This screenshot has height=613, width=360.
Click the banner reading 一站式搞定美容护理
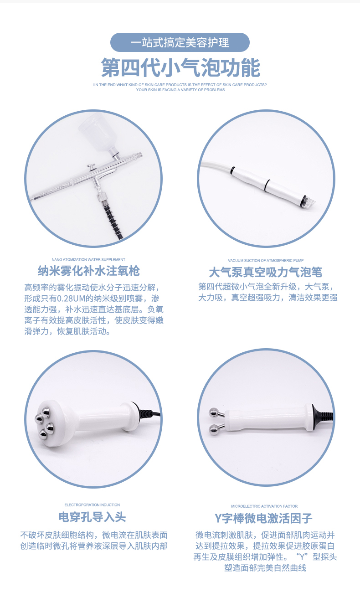click(180, 43)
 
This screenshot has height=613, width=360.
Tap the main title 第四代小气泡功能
click(180, 67)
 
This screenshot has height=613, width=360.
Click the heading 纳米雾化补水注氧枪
click(88, 271)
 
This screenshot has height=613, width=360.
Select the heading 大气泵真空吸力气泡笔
click(266, 273)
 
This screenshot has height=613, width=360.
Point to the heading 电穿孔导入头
click(92, 517)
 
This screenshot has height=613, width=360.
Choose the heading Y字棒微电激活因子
click(264, 518)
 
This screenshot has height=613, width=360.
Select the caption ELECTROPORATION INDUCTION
click(92, 505)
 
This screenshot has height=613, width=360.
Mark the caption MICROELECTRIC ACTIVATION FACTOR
click(264, 506)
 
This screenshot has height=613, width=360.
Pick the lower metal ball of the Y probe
click(212, 429)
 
